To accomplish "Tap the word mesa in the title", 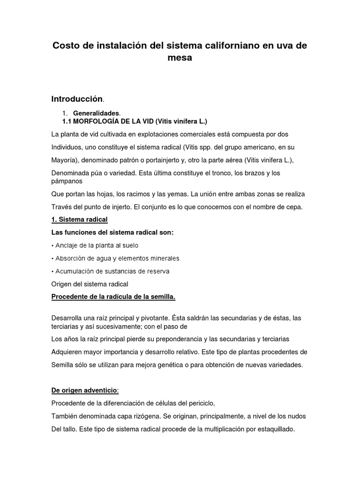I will point(180,59).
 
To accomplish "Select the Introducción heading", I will point(76,99).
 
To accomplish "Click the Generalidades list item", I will point(96,113).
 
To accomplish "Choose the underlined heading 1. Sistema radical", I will point(79,219).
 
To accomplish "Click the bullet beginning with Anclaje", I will point(97,245).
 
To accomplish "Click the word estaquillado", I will point(274,428).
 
